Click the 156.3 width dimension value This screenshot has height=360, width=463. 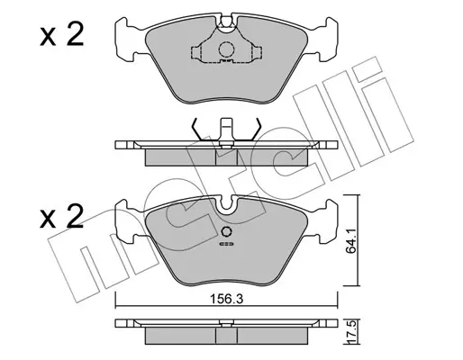[226, 299]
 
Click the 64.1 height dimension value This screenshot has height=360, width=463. [350, 240]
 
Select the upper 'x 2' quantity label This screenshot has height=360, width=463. [61, 35]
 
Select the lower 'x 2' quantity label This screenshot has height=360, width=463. [61, 216]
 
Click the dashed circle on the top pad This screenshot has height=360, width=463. [226, 49]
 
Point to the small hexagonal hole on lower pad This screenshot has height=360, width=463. [226, 231]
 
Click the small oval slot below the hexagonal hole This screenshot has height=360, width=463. [227, 244]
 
